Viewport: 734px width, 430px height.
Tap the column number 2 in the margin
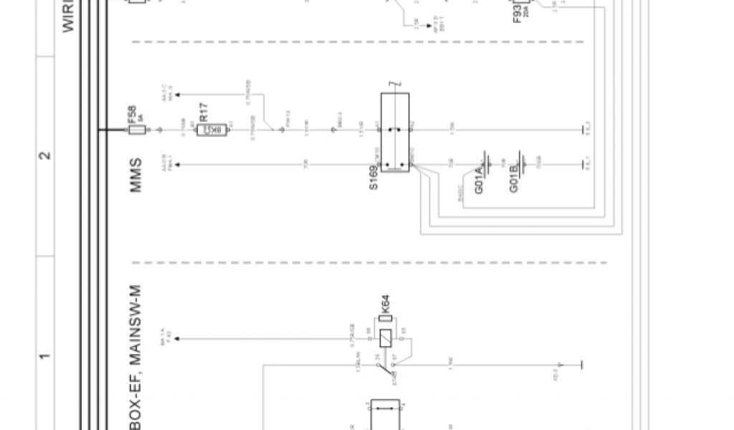point(44,156)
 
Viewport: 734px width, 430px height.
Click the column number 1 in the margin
point(44,356)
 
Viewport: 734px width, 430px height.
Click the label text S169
point(374,176)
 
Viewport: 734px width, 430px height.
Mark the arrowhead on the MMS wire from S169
point(177,166)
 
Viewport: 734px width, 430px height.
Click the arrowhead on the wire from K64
point(177,338)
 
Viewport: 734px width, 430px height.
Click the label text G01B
point(514,177)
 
